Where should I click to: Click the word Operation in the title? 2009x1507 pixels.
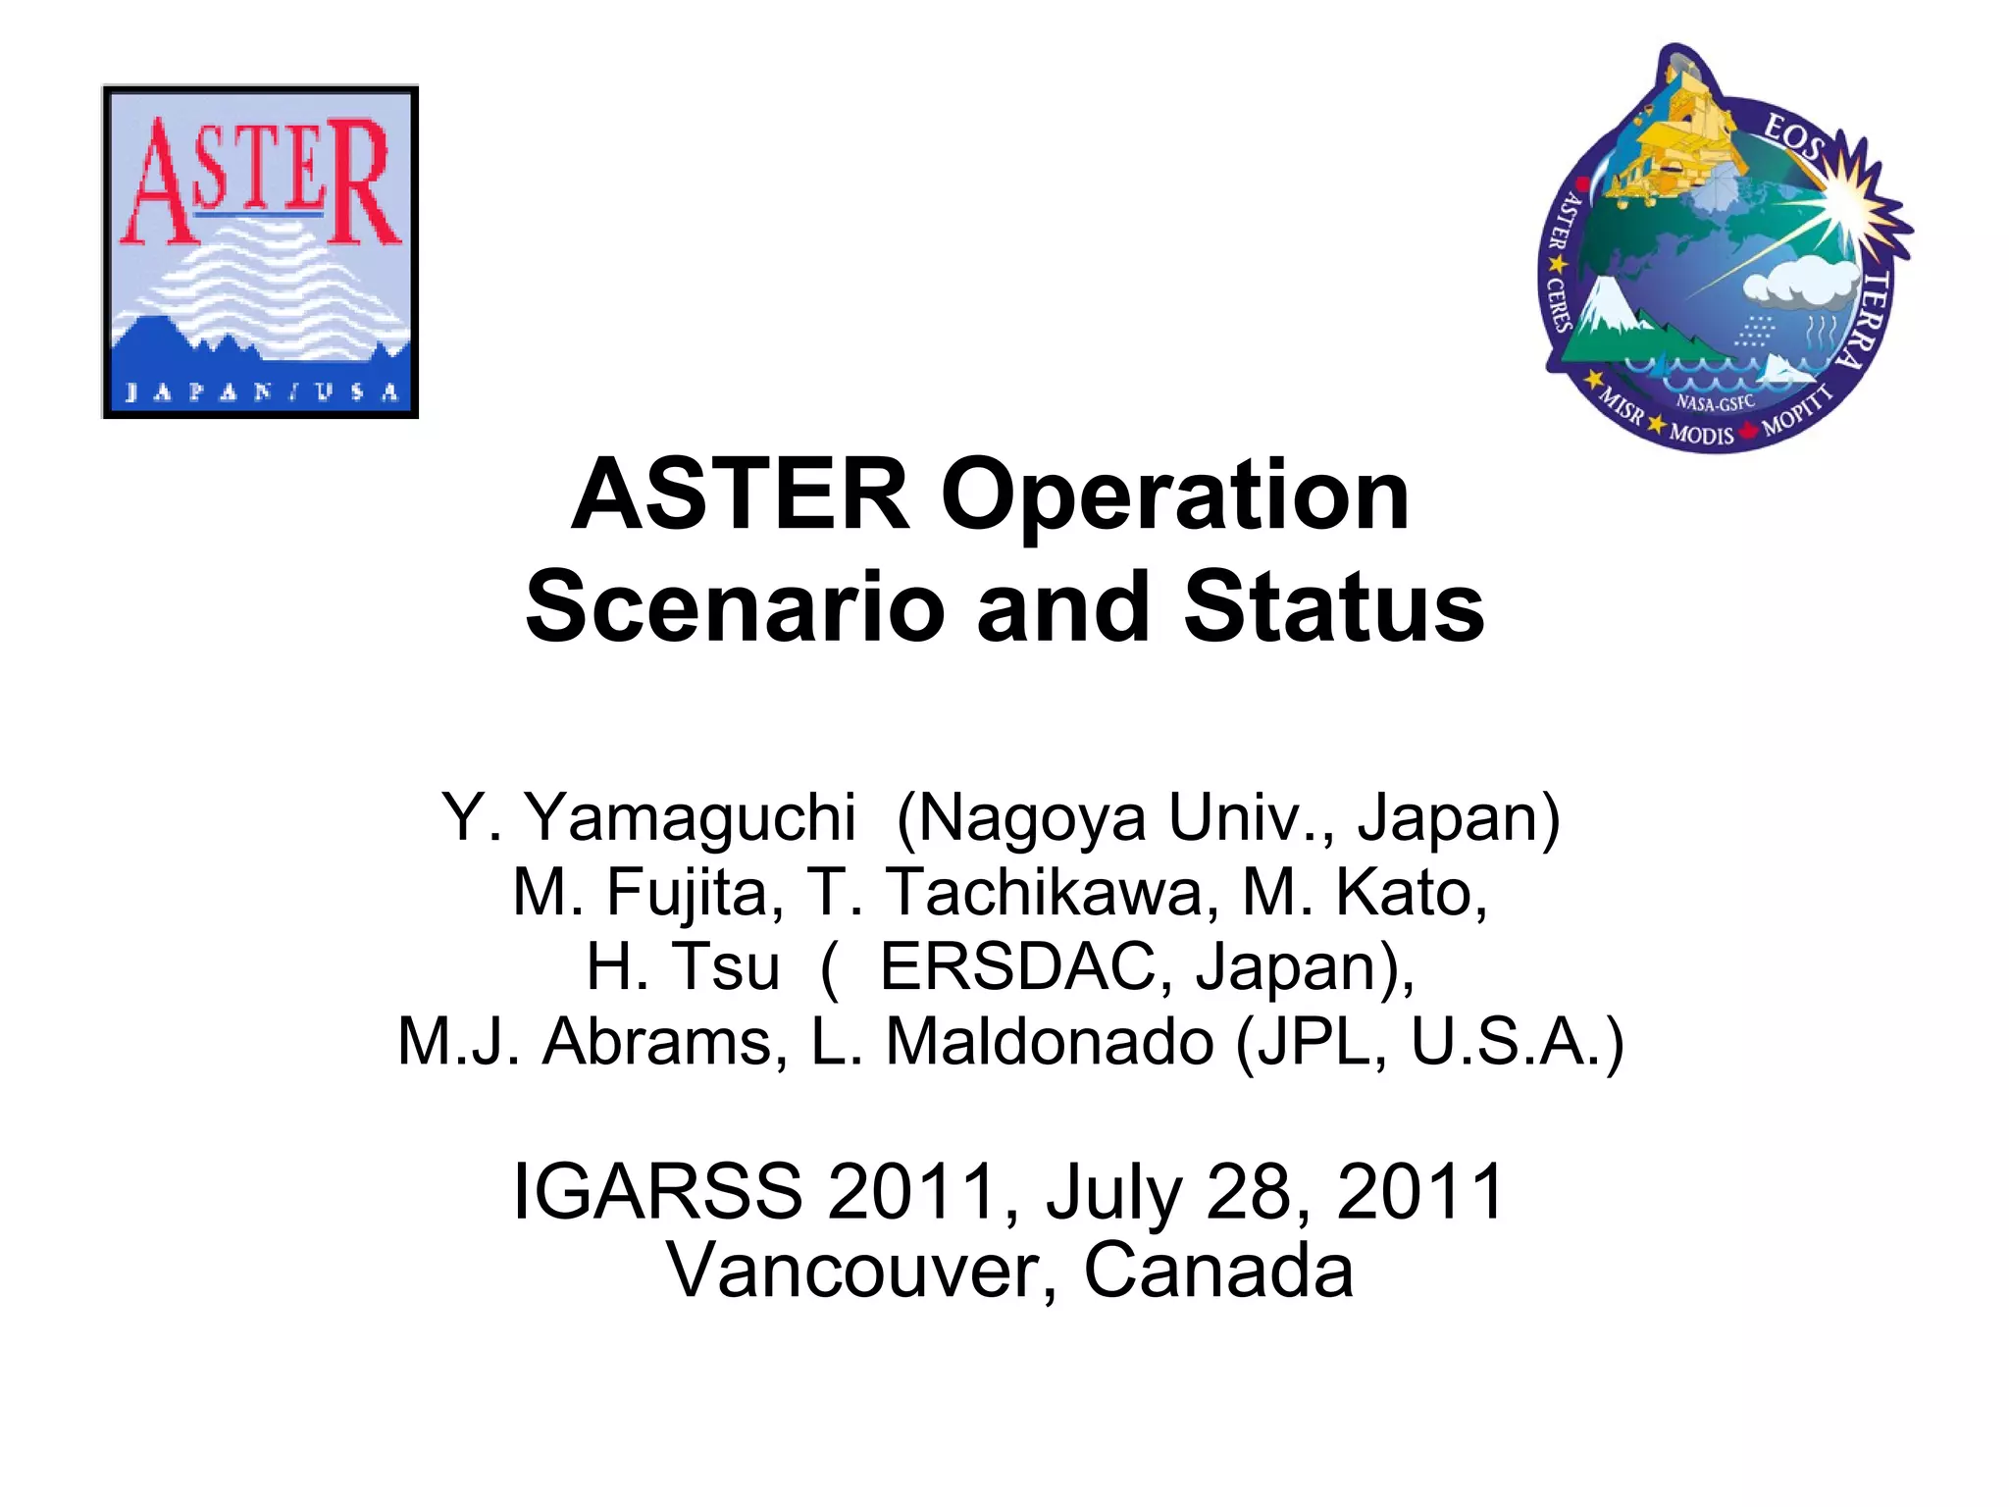point(1175,495)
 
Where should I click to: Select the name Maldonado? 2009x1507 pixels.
point(1050,1042)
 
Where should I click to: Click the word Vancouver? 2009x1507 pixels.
point(863,1271)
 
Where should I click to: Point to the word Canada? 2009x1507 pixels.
point(1218,1271)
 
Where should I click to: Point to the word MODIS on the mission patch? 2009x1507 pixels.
point(1702,433)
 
